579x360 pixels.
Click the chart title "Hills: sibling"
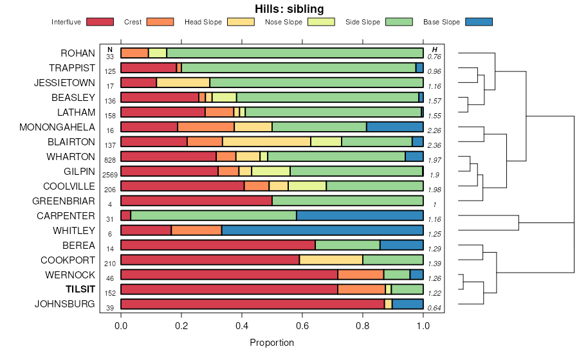coord(289,9)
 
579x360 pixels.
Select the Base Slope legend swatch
coord(478,22)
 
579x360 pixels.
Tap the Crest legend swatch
coord(160,22)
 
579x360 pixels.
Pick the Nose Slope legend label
coord(284,22)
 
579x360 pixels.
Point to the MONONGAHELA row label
coord(57,127)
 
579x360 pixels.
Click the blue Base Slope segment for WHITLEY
coord(322,230)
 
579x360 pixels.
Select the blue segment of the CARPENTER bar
coord(360,215)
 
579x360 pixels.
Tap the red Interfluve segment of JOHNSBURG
coord(252,304)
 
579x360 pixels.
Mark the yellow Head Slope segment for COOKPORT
coord(331,260)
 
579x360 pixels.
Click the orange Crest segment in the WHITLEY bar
coord(196,230)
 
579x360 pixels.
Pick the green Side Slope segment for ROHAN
coord(295,53)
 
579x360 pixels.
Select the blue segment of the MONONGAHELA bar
coord(394,127)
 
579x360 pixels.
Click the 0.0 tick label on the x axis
coord(121,327)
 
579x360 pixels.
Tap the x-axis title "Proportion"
coord(272,343)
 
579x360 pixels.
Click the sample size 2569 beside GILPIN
coord(110,175)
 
